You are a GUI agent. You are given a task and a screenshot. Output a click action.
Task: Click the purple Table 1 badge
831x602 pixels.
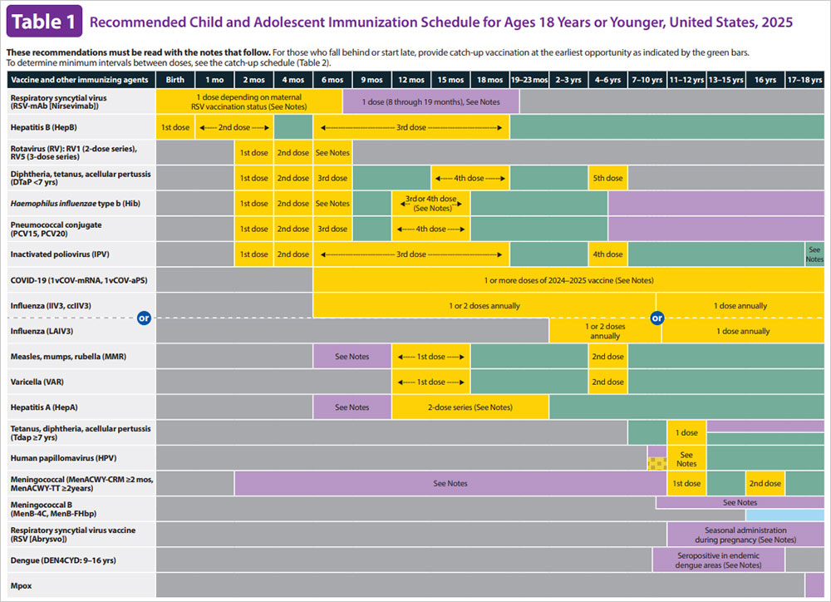[43, 22]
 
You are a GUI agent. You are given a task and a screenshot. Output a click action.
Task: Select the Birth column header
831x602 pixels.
[175, 80]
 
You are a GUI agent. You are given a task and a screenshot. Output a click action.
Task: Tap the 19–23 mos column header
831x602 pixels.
[529, 80]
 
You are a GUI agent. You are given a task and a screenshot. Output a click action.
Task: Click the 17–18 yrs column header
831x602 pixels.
[804, 80]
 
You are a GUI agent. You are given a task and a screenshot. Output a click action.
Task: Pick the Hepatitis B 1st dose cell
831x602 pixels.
[175, 127]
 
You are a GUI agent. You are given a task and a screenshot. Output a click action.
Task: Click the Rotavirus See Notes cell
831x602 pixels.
[332, 153]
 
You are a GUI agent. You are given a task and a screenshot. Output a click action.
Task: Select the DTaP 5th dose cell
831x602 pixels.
[607, 178]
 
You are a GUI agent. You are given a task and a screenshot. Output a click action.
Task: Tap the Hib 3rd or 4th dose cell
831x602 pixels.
[430, 204]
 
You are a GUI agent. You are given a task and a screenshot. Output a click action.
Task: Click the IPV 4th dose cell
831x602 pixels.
[607, 254]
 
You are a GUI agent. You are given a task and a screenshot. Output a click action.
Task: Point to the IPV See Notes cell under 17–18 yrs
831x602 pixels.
[814, 254]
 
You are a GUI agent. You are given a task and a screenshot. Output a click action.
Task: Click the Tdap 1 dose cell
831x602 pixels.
[686, 433]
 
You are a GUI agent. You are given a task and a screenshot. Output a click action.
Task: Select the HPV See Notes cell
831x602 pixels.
[686, 458]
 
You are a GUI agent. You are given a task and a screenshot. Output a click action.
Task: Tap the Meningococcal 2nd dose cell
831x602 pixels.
[765, 483]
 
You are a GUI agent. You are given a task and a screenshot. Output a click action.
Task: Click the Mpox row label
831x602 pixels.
[22, 585]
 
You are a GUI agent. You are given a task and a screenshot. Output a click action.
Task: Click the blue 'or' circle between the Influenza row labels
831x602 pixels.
[144, 318]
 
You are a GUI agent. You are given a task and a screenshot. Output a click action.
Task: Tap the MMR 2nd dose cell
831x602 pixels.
[607, 357]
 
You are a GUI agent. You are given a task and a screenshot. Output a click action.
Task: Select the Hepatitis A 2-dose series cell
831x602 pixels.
[470, 407]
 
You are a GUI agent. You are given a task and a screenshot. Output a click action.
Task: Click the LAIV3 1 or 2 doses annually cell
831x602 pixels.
[604, 331]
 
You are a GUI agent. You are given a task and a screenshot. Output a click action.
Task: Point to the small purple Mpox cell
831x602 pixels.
[814, 585]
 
